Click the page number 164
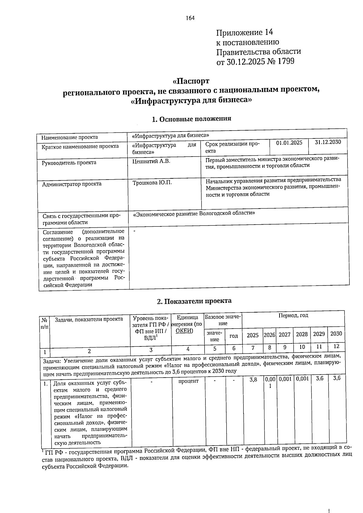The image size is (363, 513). [x=190, y=18]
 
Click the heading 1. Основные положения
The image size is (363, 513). [x=191, y=119]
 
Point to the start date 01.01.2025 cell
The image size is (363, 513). [x=289, y=143]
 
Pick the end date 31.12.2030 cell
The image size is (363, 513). [x=328, y=142]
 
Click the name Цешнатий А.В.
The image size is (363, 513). [x=151, y=161]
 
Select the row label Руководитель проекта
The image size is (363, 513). [x=69, y=163]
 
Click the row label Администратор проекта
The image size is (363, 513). [x=72, y=184]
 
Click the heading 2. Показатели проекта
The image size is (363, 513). [x=194, y=301]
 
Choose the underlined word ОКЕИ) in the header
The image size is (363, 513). [x=184, y=330]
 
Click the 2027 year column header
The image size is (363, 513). [x=284, y=335]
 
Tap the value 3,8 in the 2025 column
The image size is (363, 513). [x=253, y=379]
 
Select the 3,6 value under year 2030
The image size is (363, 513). [x=337, y=378]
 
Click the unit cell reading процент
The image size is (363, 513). [x=188, y=381]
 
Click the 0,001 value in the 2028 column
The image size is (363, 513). [x=302, y=379]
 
